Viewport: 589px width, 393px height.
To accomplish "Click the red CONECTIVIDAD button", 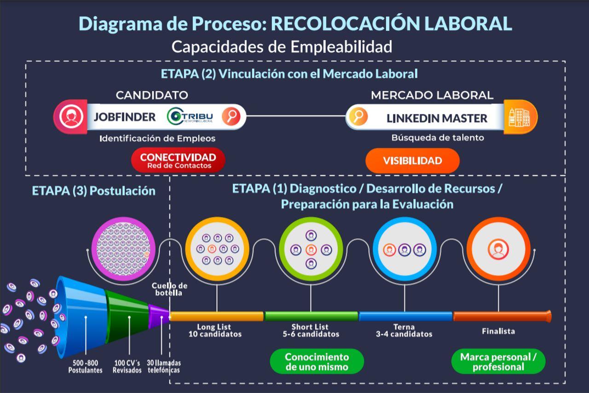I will tap(178, 160).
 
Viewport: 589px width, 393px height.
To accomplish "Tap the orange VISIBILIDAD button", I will tap(412, 161).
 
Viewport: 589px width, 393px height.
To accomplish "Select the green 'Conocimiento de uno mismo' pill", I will tap(317, 362).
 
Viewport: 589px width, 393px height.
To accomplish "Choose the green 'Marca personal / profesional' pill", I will tap(498, 362).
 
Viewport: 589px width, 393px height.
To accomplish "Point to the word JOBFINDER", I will tap(125, 117).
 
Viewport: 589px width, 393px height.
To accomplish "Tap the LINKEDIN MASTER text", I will tap(436, 118).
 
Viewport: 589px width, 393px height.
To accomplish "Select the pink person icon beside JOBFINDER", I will tap(70, 117).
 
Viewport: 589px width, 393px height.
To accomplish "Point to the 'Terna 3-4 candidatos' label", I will tap(404, 330).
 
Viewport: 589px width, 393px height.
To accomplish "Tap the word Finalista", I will tap(498, 331).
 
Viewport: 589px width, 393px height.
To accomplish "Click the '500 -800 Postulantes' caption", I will tap(85, 366).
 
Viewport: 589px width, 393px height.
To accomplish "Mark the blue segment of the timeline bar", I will tap(405, 316).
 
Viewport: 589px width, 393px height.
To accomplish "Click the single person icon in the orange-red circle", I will tap(498, 249).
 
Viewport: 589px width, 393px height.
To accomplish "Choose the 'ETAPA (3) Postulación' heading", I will tap(93, 191).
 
